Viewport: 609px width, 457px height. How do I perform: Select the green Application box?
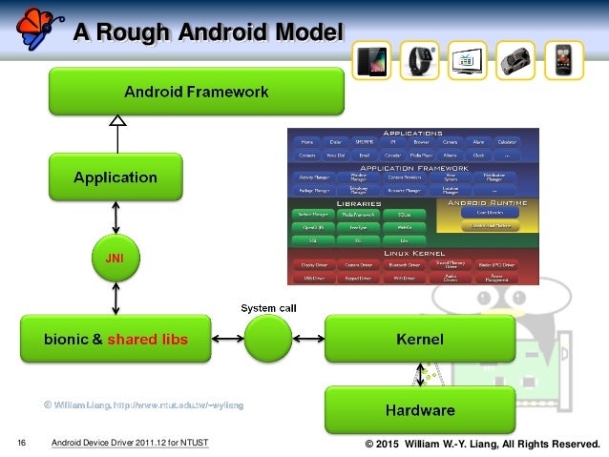[x=116, y=177]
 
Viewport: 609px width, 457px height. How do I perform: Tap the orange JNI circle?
[x=115, y=256]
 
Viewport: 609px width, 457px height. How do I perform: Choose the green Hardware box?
[x=419, y=411]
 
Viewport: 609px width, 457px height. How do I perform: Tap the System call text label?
[x=268, y=308]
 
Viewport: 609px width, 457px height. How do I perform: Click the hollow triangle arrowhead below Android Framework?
[x=116, y=121]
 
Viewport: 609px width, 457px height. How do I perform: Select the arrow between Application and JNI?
[x=116, y=217]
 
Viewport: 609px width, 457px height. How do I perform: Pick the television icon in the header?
[x=467, y=59]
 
